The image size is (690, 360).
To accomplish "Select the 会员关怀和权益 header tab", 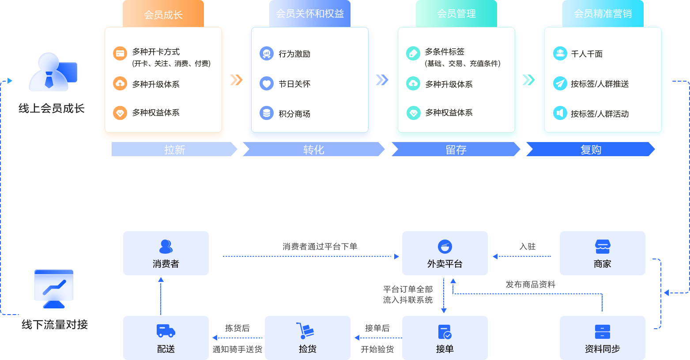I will (x=309, y=14).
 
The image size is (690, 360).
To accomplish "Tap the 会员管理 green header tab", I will (x=456, y=14).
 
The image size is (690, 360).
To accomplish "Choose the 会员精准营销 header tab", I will (x=603, y=14).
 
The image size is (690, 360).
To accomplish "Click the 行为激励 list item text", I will (x=294, y=54).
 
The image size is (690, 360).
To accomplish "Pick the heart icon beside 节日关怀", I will (x=267, y=83).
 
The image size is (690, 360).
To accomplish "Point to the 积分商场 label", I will (x=294, y=114).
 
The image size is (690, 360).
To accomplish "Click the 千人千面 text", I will (x=587, y=54).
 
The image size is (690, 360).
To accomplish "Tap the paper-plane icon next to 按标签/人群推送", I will (x=560, y=83).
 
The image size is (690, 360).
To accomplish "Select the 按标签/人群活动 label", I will (x=600, y=114).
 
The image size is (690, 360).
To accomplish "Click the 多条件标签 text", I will (x=445, y=52).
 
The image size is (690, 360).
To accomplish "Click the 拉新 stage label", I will (x=174, y=150).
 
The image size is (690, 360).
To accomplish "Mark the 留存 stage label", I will (x=456, y=150).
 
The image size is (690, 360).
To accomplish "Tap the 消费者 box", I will (x=166, y=253).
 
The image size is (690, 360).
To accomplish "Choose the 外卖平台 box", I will (x=445, y=253).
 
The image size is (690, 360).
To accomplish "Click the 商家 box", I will (x=602, y=253).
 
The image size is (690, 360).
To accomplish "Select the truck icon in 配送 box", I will (x=166, y=331).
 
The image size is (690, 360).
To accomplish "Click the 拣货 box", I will (x=307, y=338).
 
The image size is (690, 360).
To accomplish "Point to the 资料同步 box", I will (x=602, y=338).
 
